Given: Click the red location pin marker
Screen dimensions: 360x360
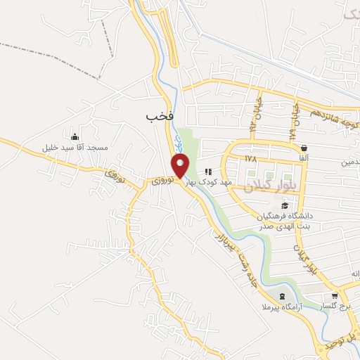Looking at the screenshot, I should (181, 167).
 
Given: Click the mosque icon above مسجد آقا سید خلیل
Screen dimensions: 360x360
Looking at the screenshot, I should (75, 136).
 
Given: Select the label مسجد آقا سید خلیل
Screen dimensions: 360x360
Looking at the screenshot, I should (75, 149).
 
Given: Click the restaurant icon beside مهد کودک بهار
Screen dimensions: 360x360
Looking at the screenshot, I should (208, 172).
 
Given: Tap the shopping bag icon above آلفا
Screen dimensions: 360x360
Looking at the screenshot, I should (304, 148).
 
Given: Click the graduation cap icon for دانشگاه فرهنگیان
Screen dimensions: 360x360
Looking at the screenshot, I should (285, 205).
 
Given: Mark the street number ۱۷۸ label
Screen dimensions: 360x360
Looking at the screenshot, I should (251, 159).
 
